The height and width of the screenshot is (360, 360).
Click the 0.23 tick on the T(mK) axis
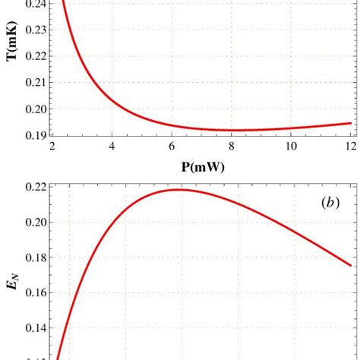pos(33,30)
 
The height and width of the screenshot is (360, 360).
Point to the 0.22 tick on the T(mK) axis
pos(33,56)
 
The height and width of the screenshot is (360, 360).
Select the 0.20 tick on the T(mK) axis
pos(33,109)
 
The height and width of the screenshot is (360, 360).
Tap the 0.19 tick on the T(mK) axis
pos(33,136)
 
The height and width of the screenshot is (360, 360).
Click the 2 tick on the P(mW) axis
pos(52,147)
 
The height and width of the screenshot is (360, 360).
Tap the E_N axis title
pos(13,286)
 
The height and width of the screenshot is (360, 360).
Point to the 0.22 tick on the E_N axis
pos(33,187)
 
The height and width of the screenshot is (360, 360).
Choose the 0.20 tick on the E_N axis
pos(33,223)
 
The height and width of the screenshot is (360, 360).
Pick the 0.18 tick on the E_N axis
pos(33,257)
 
